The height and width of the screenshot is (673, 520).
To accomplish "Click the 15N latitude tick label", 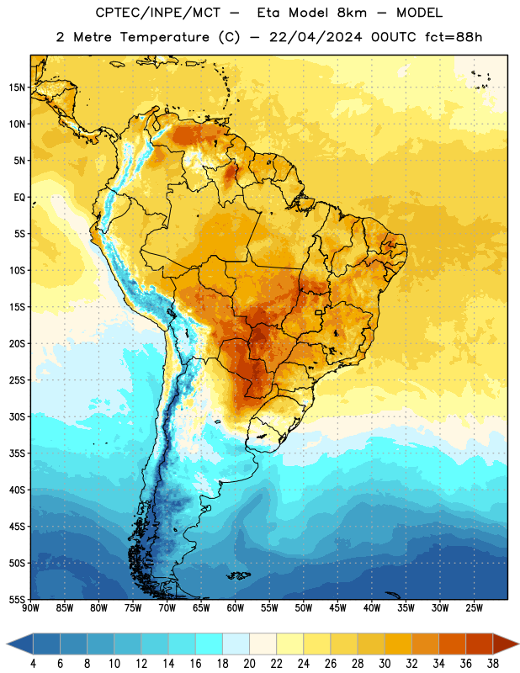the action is point(17,87).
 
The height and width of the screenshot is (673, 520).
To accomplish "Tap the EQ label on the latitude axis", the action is point(19,198).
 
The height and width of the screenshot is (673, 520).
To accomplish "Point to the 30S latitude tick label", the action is point(17,416).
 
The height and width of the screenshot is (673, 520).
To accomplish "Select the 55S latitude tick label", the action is point(17,599).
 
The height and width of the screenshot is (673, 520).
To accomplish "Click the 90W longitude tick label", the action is point(30,608).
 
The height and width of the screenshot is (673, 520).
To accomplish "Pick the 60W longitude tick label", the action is point(236,608).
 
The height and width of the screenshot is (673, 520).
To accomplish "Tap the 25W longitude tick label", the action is point(474,608).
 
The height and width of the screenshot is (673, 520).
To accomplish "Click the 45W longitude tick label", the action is point(337,608).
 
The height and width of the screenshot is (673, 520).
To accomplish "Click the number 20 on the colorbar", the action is point(249,664).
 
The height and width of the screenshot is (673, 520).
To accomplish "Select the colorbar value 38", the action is point(493,664).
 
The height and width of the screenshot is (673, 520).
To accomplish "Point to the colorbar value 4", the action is point(33,664).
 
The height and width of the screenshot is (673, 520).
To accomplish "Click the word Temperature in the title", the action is point(164,37).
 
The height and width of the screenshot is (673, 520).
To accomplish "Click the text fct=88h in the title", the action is point(454,37).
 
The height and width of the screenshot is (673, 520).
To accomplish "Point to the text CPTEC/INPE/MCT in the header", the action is point(157,13).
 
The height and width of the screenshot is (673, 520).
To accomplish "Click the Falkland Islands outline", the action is point(238,575).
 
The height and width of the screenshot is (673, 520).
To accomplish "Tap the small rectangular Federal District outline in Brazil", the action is point(319,312).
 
